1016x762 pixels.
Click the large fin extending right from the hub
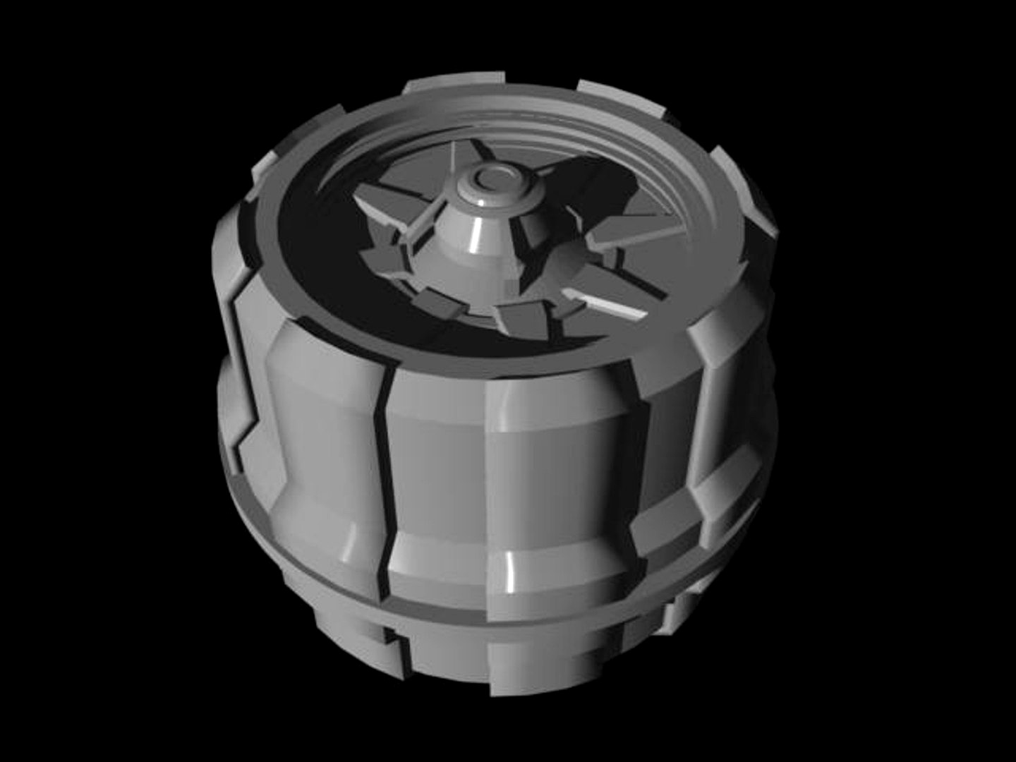click(621, 233)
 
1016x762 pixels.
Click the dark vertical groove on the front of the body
click(385, 487)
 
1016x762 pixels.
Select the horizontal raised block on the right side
click(720, 487)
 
